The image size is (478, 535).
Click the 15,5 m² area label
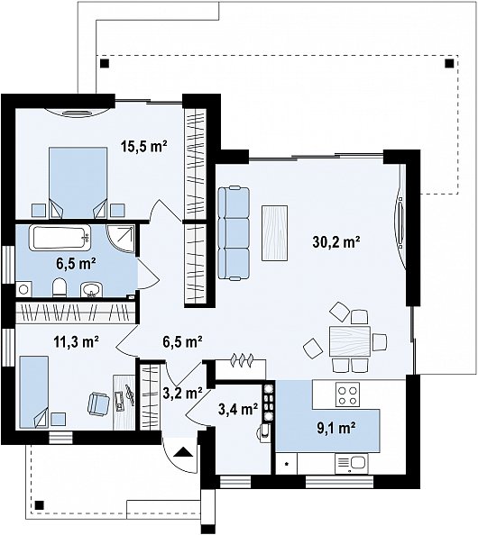click(143, 147)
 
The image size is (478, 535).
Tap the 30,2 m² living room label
click(336, 242)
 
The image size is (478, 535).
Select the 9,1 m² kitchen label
click(336, 427)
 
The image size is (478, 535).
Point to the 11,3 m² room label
click(77, 340)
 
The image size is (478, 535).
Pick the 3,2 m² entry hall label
click(182, 393)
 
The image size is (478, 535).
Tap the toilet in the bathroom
click(60, 287)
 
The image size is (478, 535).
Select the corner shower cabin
click(121, 239)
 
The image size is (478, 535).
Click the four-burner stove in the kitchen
click(347, 394)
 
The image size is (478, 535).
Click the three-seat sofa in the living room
click(234, 233)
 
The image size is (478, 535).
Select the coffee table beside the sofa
click(274, 233)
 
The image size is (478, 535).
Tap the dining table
click(350, 341)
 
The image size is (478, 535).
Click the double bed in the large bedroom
click(78, 183)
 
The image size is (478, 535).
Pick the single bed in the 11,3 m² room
click(34, 392)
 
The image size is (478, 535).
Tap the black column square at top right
click(449, 63)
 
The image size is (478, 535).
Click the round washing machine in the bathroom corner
click(23, 290)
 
